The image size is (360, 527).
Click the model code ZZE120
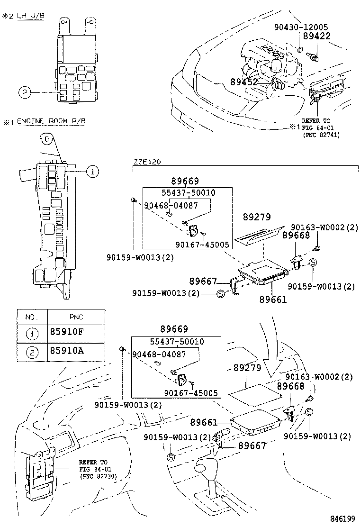point(146,162)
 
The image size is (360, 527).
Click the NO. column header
point(31,317)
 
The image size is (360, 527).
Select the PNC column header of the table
point(76,317)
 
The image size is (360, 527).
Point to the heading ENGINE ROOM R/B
point(52,122)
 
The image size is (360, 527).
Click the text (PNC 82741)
point(322,135)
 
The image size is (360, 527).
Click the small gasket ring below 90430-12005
point(301,49)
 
